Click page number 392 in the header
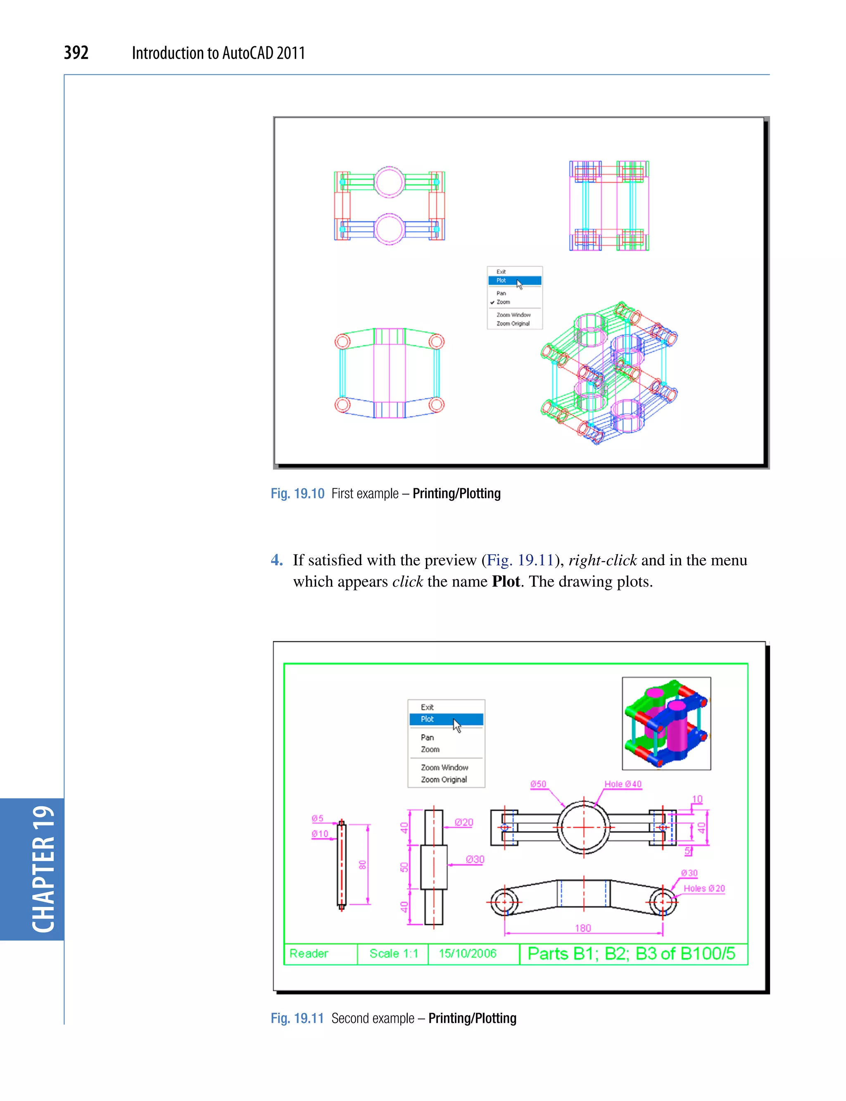coord(76,52)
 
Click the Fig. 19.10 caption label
coord(297,494)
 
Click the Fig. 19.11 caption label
coord(297,1018)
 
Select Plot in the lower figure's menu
coord(428,719)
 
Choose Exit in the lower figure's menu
coord(427,707)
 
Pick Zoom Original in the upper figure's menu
coord(513,324)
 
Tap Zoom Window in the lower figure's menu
coord(444,768)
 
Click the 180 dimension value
coord(582,928)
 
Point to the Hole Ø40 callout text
coord(623,784)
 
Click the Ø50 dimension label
coord(538,784)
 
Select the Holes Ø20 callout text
coord(704,889)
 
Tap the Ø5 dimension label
coord(317,818)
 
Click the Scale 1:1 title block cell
coord(393,954)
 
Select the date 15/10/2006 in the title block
coord(467,954)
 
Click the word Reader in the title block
coord(309,954)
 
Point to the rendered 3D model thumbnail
coord(666,723)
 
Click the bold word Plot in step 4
coord(506,582)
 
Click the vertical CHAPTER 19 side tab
coord(43,869)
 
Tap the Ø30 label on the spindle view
coord(475,860)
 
